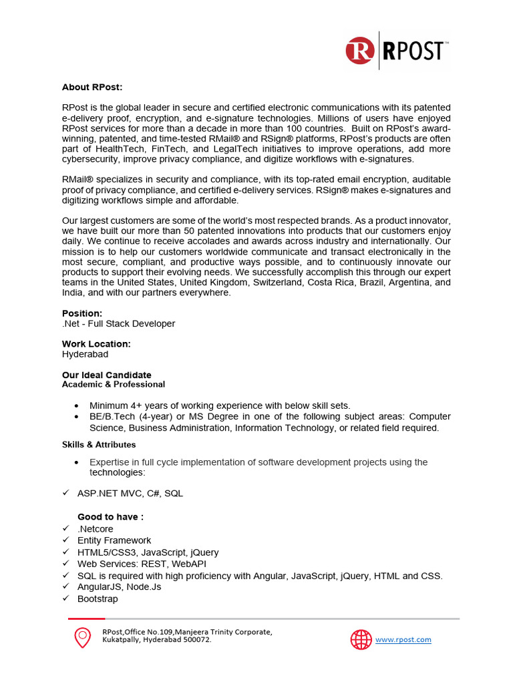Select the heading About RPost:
92,88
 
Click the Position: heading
82,313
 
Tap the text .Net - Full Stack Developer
119,324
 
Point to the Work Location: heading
96,344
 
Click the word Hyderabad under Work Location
85,355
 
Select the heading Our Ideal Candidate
107,375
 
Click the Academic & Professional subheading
114,385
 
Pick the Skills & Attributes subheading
99,445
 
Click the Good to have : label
110,517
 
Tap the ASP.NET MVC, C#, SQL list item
130,494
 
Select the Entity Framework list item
114,540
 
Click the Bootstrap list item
98,599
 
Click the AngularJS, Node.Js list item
119,587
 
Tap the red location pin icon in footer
82,638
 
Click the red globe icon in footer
361,639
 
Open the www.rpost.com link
403,640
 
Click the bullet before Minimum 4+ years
77,406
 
